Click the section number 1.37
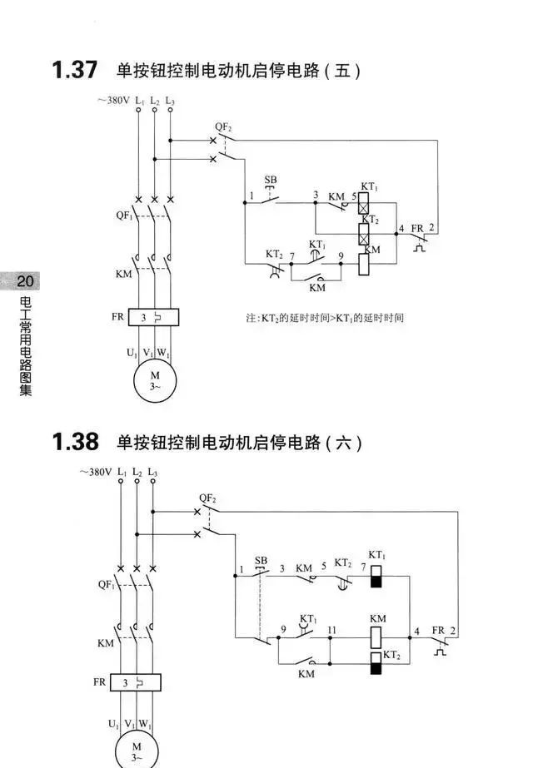click(x=74, y=70)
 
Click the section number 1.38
click(x=74, y=441)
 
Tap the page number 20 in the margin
click(x=24, y=280)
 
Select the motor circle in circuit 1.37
click(x=154, y=380)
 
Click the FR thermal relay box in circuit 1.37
click(x=154, y=317)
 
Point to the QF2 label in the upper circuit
click(x=223, y=126)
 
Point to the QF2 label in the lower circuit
click(x=207, y=499)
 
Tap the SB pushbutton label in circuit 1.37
click(x=271, y=180)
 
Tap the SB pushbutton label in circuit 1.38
click(x=262, y=560)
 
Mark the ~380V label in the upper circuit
click(x=112, y=100)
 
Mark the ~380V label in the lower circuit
click(x=96, y=472)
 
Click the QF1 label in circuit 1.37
click(x=124, y=216)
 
